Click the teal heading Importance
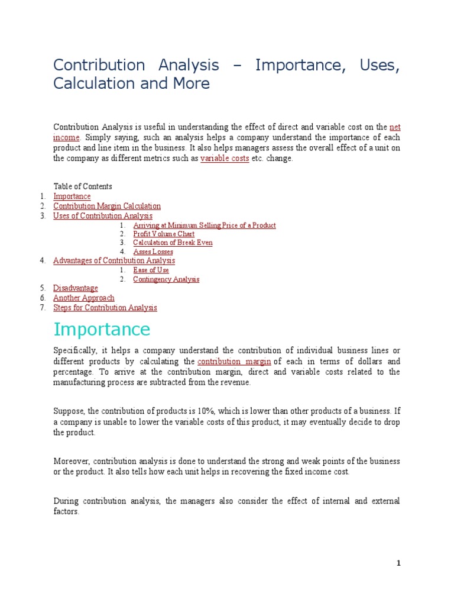(x=102, y=329)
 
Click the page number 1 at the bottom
(x=398, y=563)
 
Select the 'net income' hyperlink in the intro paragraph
(x=395, y=127)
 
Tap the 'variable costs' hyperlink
(x=225, y=159)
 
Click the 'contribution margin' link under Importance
(x=234, y=361)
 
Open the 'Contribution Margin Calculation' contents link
(x=107, y=206)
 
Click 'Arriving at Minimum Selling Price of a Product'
(x=204, y=225)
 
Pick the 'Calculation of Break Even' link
(x=173, y=243)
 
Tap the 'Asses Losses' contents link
(x=153, y=252)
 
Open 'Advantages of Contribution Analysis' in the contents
(x=114, y=260)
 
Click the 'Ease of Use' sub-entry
(x=151, y=270)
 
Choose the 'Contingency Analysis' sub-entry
(x=166, y=279)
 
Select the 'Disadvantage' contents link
(x=76, y=288)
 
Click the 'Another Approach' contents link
(x=84, y=298)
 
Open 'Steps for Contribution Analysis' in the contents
(x=105, y=308)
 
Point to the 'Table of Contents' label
(x=83, y=186)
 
